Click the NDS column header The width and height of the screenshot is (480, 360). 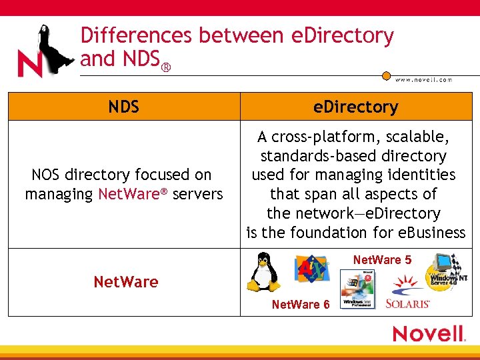(124, 107)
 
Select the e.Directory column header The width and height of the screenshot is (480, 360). (356, 107)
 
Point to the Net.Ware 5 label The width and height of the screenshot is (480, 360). (382, 260)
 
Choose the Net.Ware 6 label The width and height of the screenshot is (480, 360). (301, 305)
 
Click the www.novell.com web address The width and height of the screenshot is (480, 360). (423, 80)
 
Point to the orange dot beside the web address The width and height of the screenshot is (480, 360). (386, 76)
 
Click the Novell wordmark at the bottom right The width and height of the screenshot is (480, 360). (428, 333)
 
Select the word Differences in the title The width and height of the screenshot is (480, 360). (126, 36)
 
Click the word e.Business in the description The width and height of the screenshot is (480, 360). (429, 233)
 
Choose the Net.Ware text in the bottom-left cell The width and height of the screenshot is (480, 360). (126, 282)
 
